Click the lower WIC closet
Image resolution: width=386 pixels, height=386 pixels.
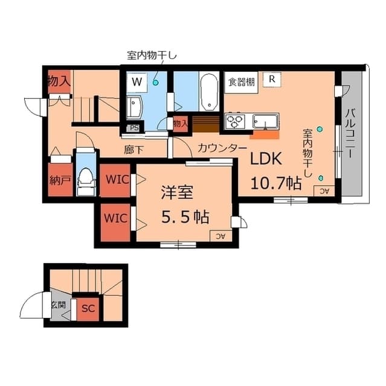coord(115,218)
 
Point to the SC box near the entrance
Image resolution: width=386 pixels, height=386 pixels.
coord(88,308)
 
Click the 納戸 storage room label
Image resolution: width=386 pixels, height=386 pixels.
coord(58,180)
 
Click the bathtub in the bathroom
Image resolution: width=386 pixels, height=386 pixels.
coord(209,92)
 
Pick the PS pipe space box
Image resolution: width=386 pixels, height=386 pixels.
coord(133,128)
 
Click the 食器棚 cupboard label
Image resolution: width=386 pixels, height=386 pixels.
coord(240,81)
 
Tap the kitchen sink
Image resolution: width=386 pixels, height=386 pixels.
coord(265,121)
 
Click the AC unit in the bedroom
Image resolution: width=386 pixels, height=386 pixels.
coord(216,236)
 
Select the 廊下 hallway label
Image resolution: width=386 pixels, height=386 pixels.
coord(133,149)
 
